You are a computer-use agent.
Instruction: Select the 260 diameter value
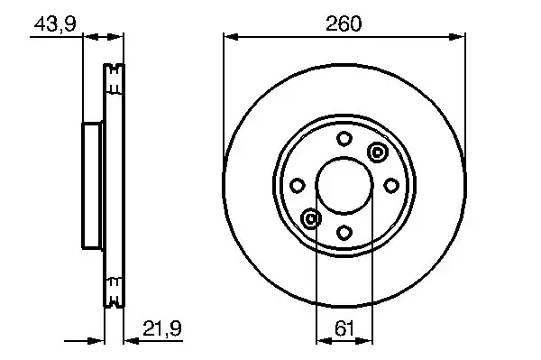click(344, 24)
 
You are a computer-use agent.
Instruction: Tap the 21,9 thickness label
click(163, 329)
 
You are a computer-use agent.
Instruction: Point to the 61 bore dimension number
click(344, 329)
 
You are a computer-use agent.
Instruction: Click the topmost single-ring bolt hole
click(344, 139)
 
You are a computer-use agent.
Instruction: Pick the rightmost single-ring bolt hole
click(390, 185)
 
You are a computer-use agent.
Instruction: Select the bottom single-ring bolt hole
click(344, 232)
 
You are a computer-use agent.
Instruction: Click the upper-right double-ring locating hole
click(377, 152)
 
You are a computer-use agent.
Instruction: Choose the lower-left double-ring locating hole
click(311, 218)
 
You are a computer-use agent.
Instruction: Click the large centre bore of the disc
click(344, 185)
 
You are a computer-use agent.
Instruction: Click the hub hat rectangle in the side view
click(93, 185)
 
